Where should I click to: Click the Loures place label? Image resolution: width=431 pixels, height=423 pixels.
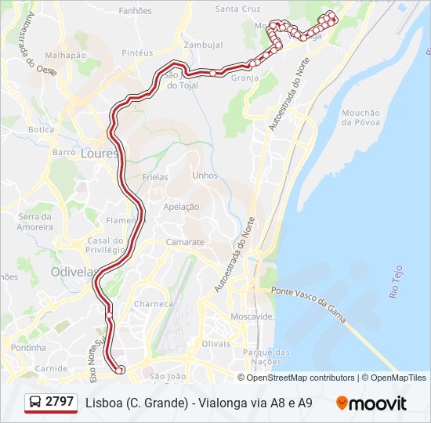[x=98, y=154]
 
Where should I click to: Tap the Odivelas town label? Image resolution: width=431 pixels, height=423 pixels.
[x=72, y=272]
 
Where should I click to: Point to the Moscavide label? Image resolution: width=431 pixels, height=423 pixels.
[x=251, y=316]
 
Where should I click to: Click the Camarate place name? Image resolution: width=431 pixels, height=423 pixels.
[x=184, y=243]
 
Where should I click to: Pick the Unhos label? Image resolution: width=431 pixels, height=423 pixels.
[x=205, y=175]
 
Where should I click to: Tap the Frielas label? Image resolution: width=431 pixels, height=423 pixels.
[x=155, y=177]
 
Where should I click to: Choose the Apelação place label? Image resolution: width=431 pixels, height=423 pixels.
[x=181, y=207]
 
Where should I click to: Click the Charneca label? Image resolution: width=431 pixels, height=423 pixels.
[x=154, y=304]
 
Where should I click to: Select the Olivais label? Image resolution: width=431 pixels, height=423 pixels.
[x=216, y=343]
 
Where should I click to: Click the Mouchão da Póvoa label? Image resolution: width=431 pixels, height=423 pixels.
[x=360, y=117]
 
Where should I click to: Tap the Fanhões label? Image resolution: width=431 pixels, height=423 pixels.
[x=135, y=11]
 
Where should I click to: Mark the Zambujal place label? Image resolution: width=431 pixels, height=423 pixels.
[x=204, y=45]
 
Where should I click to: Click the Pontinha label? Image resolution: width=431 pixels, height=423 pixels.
[x=28, y=347]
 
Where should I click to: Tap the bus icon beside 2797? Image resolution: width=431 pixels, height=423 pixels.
[x=35, y=403]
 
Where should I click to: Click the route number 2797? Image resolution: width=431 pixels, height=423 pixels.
[x=60, y=402]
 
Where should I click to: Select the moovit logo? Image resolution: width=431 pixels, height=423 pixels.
[x=371, y=403]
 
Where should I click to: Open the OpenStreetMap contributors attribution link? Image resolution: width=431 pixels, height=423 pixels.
[x=301, y=378]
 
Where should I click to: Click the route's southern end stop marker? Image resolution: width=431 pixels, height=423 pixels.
[x=120, y=370]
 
